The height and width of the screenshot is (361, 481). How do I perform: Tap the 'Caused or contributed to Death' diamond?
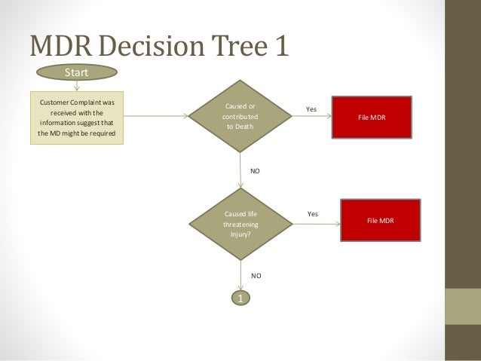point(240,117)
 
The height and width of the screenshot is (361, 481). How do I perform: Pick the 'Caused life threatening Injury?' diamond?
point(240,224)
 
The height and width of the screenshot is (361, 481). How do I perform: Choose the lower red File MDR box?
point(380,221)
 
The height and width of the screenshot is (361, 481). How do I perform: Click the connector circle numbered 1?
point(240,299)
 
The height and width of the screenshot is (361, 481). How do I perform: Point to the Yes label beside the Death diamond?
point(311,110)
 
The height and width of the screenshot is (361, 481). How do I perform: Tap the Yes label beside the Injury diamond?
point(313,215)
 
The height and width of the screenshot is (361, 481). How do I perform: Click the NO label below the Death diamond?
point(255,171)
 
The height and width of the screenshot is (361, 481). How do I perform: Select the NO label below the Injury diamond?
point(256,276)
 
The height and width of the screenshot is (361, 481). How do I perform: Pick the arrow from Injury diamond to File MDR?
point(314,222)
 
